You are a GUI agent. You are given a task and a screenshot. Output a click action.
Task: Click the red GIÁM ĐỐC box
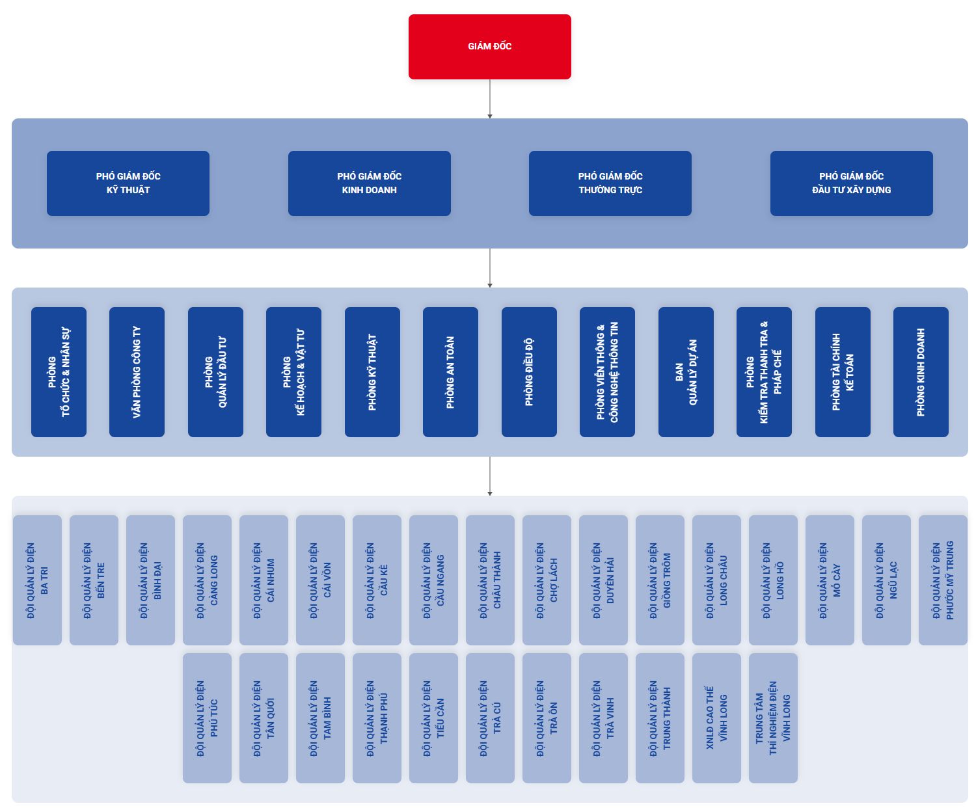(489, 47)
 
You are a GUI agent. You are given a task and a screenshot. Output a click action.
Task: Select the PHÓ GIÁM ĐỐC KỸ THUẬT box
(128, 183)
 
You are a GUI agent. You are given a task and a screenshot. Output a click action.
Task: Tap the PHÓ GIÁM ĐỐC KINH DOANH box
(369, 183)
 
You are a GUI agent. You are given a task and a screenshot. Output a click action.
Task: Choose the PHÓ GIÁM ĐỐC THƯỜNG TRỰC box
(610, 183)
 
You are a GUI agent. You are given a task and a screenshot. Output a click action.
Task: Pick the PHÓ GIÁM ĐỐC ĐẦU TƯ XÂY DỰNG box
(851, 183)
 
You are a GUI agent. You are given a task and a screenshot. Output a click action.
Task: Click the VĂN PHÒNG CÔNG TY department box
(137, 372)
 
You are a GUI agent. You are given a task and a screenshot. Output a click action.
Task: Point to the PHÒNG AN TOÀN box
(450, 372)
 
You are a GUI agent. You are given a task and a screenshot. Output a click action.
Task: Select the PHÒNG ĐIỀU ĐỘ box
(529, 372)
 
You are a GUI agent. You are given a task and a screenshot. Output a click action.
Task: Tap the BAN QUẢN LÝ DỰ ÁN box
(686, 372)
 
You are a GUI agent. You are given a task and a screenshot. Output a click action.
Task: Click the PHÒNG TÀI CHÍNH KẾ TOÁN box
(843, 372)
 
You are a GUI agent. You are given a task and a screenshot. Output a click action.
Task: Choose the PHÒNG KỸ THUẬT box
(372, 372)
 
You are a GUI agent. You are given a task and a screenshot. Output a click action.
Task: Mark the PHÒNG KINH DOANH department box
(921, 372)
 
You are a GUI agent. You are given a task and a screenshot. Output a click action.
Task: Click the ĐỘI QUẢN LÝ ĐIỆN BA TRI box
(37, 580)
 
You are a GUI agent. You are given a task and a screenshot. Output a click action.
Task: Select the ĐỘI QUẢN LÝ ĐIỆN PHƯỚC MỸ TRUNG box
(943, 580)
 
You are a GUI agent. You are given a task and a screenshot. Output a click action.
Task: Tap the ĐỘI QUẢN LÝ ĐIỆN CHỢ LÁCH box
(547, 580)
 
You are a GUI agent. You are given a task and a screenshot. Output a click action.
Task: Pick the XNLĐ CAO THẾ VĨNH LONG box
(716, 718)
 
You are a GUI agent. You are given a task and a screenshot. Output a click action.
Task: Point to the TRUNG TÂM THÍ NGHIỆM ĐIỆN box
(773, 718)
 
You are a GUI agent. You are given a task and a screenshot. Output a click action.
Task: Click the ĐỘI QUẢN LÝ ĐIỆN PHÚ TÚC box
(207, 718)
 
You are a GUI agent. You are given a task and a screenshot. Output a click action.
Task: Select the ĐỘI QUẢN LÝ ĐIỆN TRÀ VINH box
(603, 718)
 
